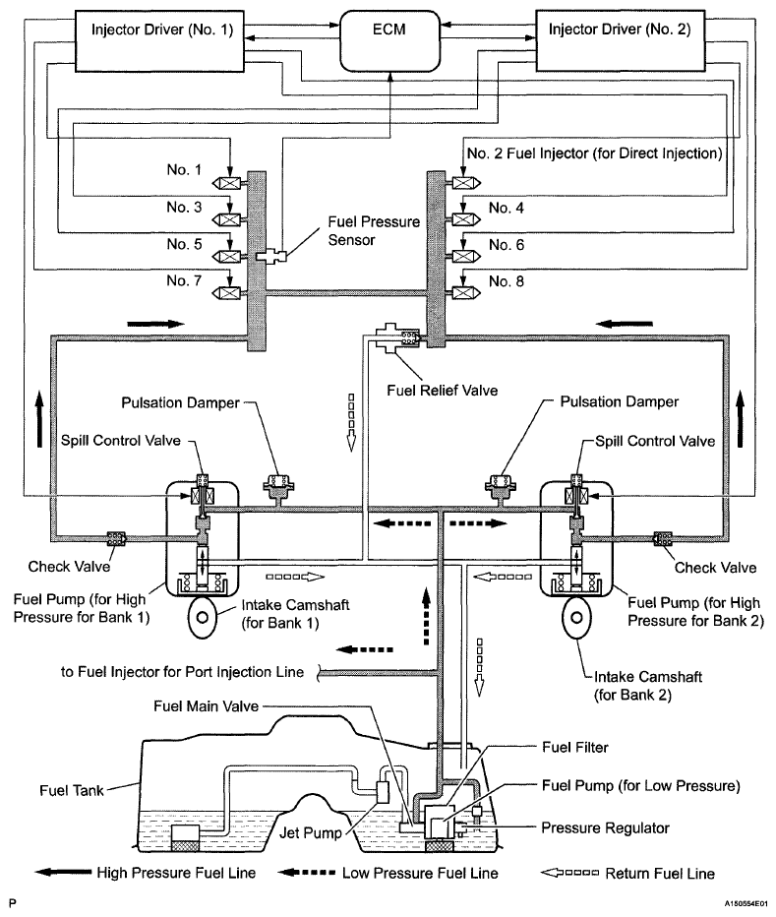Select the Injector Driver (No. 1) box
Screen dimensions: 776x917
coord(159,41)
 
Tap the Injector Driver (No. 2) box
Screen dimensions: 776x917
coord(621,40)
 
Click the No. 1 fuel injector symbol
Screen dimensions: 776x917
coord(229,184)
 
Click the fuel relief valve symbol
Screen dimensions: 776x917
coord(397,338)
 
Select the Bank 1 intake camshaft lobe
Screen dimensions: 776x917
coord(203,618)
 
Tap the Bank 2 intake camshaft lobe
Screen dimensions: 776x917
coord(576,618)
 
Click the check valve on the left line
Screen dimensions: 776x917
coord(116,538)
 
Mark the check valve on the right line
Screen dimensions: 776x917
coord(663,538)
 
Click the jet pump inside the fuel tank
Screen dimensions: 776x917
coord(386,792)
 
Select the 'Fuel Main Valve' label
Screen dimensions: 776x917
coord(206,705)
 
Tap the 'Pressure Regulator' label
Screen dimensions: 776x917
coord(605,828)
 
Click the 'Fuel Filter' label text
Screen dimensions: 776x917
coord(575,747)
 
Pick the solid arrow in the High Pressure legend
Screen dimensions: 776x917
coord(63,873)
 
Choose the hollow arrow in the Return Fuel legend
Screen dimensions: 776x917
coord(569,873)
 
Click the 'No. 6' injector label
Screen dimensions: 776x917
coord(507,244)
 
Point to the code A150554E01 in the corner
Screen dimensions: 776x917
coord(746,903)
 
